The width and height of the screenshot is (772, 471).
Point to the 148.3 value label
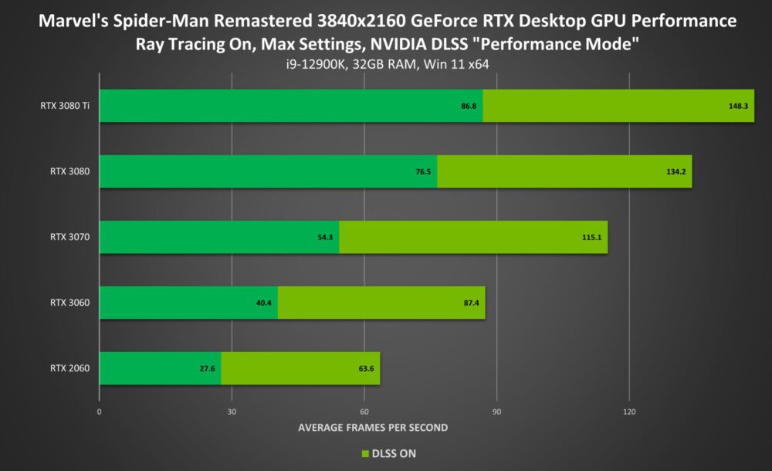[x=738, y=106]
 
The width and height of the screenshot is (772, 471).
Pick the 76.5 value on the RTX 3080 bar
[x=423, y=171]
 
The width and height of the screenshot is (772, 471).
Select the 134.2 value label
[x=676, y=171]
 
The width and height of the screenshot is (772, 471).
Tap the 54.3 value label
[x=325, y=237]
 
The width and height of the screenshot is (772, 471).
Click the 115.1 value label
[x=592, y=237]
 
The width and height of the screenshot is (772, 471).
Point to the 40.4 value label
[x=263, y=303]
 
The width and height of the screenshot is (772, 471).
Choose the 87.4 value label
[x=470, y=303]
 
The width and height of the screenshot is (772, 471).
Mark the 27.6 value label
[x=207, y=368]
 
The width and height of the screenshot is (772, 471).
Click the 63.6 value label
[x=366, y=368]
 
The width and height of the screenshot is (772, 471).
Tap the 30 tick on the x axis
[x=232, y=412]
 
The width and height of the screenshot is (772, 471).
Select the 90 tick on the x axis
[x=496, y=412]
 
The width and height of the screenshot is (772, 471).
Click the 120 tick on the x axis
[x=629, y=412]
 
